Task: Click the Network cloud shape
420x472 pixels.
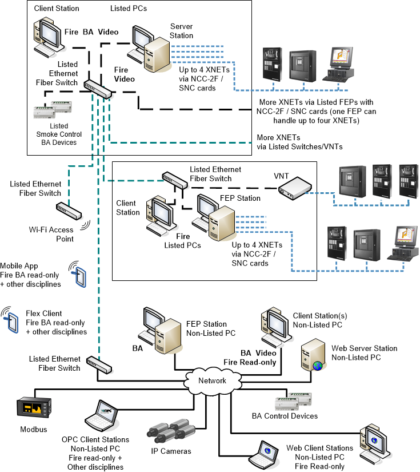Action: click(x=212, y=380)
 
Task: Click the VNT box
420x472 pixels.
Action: click(x=295, y=187)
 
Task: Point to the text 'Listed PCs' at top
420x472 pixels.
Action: click(x=129, y=9)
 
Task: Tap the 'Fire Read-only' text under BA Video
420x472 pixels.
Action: click(x=250, y=362)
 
